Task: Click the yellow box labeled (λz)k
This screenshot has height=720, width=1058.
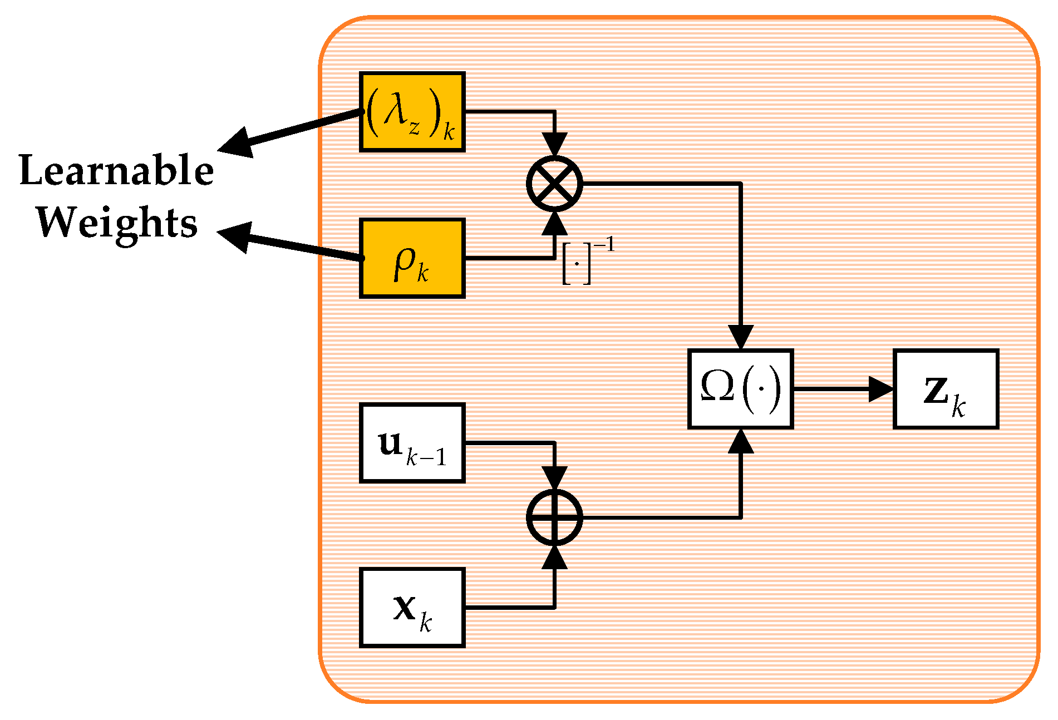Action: click(412, 112)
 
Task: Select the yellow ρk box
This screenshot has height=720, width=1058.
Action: click(412, 259)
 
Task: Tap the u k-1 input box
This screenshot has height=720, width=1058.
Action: click(412, 443)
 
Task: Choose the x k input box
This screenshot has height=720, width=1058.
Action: click(412, 608)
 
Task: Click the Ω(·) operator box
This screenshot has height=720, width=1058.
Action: click(740, 389)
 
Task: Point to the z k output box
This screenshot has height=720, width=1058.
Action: click(946, 389)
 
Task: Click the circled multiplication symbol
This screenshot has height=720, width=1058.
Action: click(554, 184)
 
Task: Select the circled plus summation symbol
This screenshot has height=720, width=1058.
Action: click(554, 517)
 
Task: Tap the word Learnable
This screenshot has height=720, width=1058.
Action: click(116, 171)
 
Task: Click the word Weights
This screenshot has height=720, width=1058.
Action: click(117, 222)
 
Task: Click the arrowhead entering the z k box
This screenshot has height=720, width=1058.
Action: click(882, 389)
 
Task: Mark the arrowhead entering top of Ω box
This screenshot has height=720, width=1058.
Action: click(741, 338)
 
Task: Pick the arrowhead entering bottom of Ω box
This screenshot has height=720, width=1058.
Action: click(741, 441)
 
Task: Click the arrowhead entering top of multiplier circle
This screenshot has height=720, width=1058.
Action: click(554, 145)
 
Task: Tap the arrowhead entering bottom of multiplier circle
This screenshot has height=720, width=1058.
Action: click(554, 223)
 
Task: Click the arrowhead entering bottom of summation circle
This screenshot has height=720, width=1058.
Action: click(554, 557)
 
